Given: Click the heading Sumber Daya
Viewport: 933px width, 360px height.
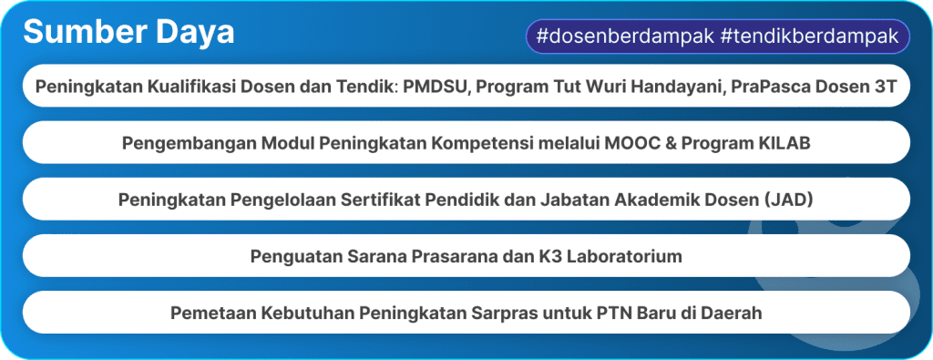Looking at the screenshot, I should tap(128, 33).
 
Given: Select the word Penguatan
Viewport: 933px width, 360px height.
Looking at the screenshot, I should tap(291, 256).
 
